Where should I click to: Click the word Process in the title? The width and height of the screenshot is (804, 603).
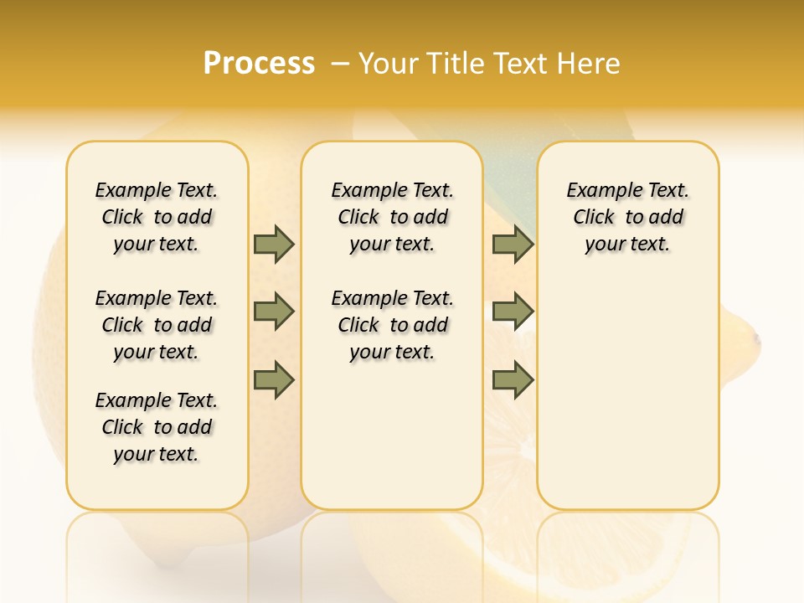(259, 64)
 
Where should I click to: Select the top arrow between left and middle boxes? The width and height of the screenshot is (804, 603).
(274, 245)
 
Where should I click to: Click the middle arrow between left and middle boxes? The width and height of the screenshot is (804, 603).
(274, 312)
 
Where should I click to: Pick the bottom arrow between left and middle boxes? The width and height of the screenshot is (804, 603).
(274, 379)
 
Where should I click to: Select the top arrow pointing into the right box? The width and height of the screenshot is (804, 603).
(513, 245)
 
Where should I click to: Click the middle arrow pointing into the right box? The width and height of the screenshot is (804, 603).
(513, 312)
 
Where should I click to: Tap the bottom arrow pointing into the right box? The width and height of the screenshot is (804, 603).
(513, 379)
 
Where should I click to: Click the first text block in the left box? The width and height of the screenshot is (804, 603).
(157, 217)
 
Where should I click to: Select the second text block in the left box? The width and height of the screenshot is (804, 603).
(157, 325)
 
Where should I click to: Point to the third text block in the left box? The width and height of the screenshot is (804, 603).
(157, 427)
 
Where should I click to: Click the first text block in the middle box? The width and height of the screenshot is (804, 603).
(392, 217)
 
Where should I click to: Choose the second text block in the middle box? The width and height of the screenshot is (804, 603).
(392, 325)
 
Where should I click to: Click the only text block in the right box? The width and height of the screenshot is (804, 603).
(627, 217)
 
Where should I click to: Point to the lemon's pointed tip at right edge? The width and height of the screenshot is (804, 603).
(756, 339)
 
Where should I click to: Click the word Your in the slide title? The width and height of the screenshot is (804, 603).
(389, 64)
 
